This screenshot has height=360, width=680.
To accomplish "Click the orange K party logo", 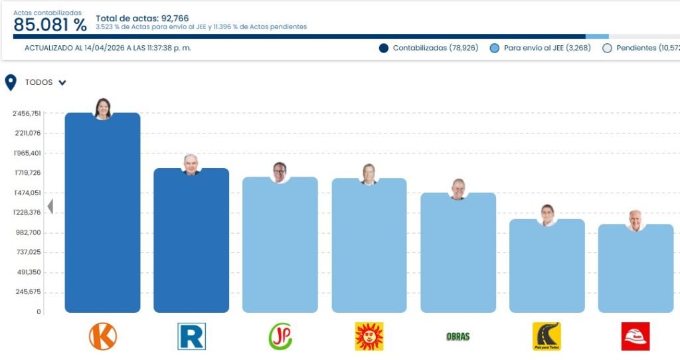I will point(102,336).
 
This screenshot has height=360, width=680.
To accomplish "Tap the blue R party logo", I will point(191,336).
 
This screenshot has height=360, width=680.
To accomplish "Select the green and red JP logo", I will point(280,336).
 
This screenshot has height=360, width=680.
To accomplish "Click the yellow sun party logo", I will point(369,336).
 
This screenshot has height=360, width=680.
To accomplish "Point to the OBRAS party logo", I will point(458,336).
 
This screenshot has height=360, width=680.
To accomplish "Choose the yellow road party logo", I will point(547,336).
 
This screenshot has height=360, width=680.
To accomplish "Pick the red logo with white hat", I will point(636,336).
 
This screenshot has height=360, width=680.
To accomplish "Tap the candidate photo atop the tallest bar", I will point(102,108).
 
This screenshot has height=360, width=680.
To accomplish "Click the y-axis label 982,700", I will point(29,232).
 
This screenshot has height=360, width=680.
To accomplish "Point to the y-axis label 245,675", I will point(29,292).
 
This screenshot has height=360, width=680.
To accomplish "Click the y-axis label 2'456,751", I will point(27,114).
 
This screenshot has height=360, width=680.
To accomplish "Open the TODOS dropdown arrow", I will point(62,83).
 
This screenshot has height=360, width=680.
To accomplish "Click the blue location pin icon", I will point(11,82).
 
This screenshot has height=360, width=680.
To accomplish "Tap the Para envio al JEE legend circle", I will point(494,48).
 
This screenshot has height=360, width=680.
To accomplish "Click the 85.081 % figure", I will point(50,25).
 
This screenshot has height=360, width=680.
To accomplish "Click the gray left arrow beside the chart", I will point(50,207).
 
